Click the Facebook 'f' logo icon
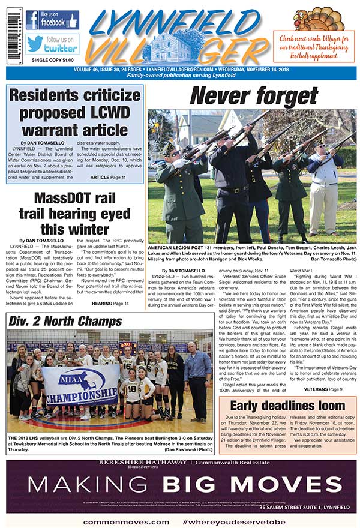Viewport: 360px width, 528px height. (32, 20)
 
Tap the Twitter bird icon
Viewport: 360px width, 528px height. (35, 43)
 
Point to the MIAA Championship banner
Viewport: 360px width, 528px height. (80, 377)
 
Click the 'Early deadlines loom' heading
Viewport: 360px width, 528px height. (287, 405)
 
